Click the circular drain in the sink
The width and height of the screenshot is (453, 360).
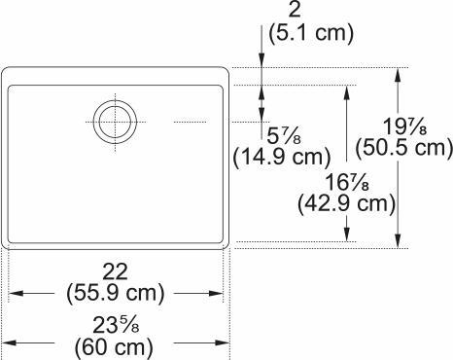(x=115, y=122)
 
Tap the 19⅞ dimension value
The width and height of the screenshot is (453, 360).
(x=399, y=125)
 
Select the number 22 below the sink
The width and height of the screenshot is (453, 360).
(x=115, y=270)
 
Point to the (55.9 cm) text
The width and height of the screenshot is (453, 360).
(x=115, y=292)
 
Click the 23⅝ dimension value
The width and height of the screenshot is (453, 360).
(x=115, y=322)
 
